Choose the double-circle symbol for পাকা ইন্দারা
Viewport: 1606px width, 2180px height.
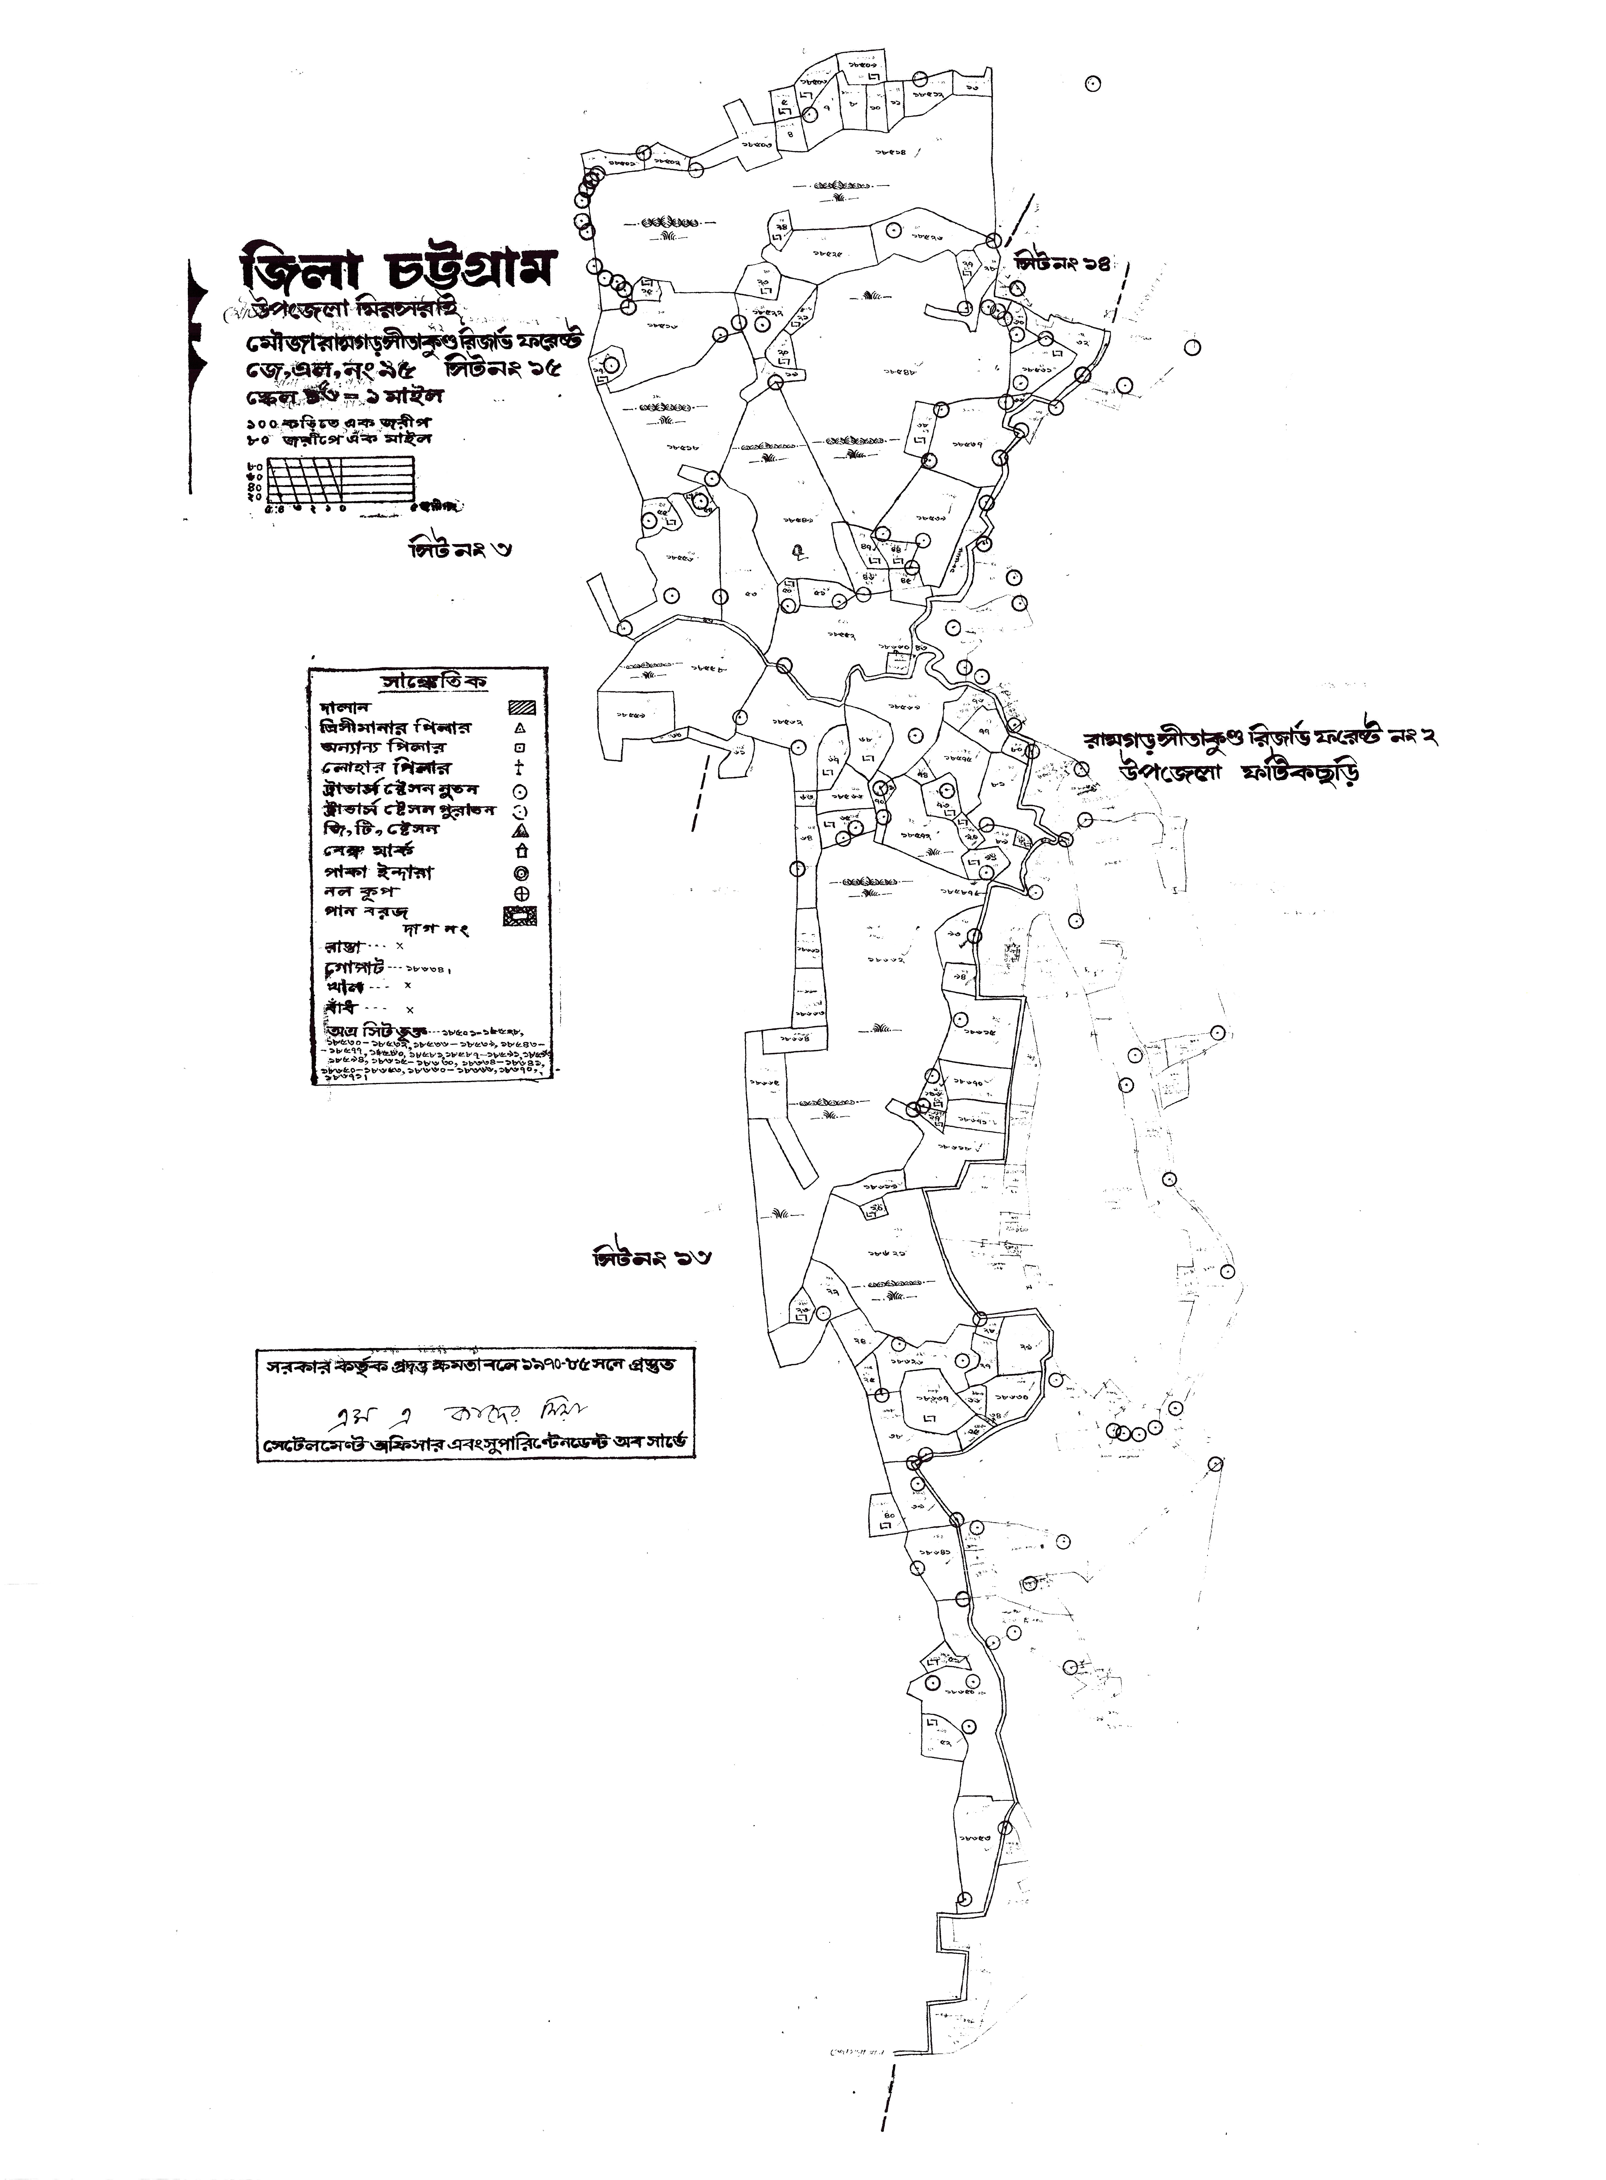[x=521, y=873]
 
